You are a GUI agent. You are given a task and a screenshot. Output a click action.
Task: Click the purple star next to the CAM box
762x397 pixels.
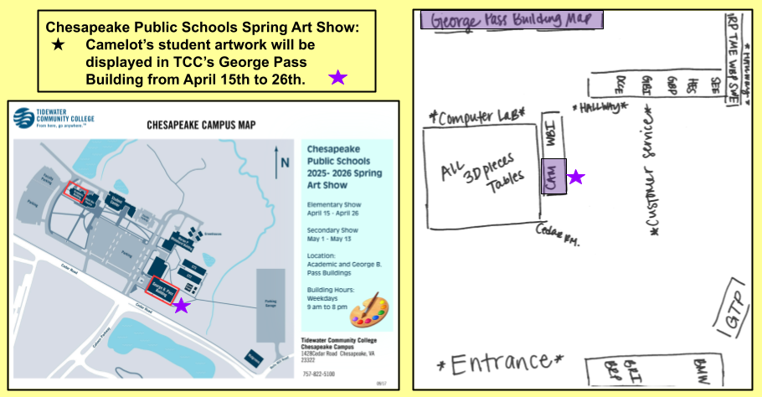[x=576, y=177]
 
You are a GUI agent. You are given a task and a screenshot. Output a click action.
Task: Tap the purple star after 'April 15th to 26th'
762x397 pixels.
[x=337, y=78]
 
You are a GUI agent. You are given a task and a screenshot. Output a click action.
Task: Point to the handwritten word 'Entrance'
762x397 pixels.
[x=500, y=363]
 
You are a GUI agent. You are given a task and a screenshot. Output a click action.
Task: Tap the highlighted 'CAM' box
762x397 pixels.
[x=553, y=176]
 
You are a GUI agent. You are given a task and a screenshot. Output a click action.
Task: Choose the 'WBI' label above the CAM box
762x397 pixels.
[x=552, y=134]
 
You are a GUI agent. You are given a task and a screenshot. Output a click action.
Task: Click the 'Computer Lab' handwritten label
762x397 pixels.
[x=476, y=116]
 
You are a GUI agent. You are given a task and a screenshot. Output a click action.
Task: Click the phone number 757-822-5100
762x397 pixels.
[x=318, y=374]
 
